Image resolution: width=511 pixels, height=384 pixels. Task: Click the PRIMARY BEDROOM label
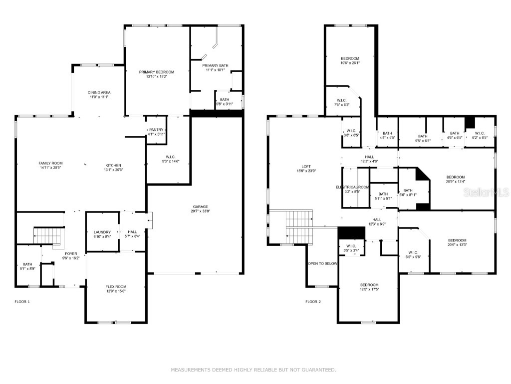pyautogui.click(x=157, y=72)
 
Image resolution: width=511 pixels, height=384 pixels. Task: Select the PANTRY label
pyautogui.click(x=156, y=129)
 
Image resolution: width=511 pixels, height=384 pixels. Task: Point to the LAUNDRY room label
pyautogui.click(x=102, y=232)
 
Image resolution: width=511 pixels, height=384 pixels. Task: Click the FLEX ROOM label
pyautogui.click(x=116, y=286)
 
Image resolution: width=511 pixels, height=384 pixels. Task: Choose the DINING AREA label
pyautogui.click(x=99, y=92)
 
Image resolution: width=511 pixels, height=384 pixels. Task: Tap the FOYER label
pyautogui.click(x=71, y=254)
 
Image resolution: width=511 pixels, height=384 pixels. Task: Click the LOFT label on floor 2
pyautogui.click(x=306, y=166)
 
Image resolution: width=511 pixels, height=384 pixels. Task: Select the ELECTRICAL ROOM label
pyautogui.click(x=352, y=187)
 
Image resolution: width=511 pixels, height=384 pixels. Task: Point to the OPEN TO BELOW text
pyautogui.click(x=322, y=263)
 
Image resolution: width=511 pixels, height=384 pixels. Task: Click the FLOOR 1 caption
pyautogui.click(x=22, y=301)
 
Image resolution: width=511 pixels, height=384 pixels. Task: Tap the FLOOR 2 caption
pyautogui.click(x=313, y=301)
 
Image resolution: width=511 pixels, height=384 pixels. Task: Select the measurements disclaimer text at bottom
pyautogui.click(x=254, y=370)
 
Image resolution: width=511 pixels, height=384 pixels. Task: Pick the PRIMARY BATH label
pyautogui.click(x=215, y=65)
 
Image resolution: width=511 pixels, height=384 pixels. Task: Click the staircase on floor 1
pyautogui.click(x=49, y=233)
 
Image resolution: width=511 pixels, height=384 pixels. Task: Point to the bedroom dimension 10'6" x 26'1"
pyautogui.click(x=350, y=63)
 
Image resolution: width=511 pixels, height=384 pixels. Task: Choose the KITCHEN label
pyautogui.click(x=113, y=165)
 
